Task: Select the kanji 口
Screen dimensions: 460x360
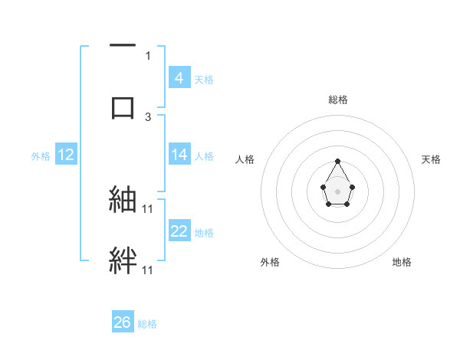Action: pyautogui.click(x=123, y=107)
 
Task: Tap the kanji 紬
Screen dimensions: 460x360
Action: pyautogui.click(x=123, y=199)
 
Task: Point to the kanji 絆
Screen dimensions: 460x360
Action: pyautogui.click(x=123, y=260)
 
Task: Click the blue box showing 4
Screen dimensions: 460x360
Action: pyautogui.click(x=179, y=78)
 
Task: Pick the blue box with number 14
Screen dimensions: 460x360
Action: pyautogui.click(x=179, y=155)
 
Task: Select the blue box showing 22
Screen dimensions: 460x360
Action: pyautogui.click(x=179, y=231)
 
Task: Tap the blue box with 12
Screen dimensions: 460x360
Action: pyautogui.click(x=65, y=155)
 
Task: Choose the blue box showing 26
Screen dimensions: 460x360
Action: pyautogui.click(x=123, y=322)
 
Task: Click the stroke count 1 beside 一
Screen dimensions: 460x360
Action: pyautogui.click(x=148, y=56)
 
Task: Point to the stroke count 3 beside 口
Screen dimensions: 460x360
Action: pyautogui.click(x=148, y=116)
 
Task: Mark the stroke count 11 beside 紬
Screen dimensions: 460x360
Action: pyautogui.click(x=148, y=208)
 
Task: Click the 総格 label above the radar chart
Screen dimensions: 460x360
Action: pyautogui.click(x=338, y=100)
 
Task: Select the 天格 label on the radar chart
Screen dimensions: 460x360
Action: pyautogui.click(x=431, y=159)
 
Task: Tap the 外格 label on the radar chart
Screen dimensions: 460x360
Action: pyautogui.click(x=270, y=262)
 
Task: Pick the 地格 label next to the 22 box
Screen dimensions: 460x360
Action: pyautogui.click(x=204, y=232)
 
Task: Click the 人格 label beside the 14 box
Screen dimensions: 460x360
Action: pyautogui.click(x=204, y=155)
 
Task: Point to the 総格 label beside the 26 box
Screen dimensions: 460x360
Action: pyautogui.click(x=147, y=323)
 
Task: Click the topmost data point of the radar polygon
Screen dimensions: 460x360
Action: pyautogui.click(x=338, y=161)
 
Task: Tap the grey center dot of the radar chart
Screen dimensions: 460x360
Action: pyautogui.click(x=337, y=191)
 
